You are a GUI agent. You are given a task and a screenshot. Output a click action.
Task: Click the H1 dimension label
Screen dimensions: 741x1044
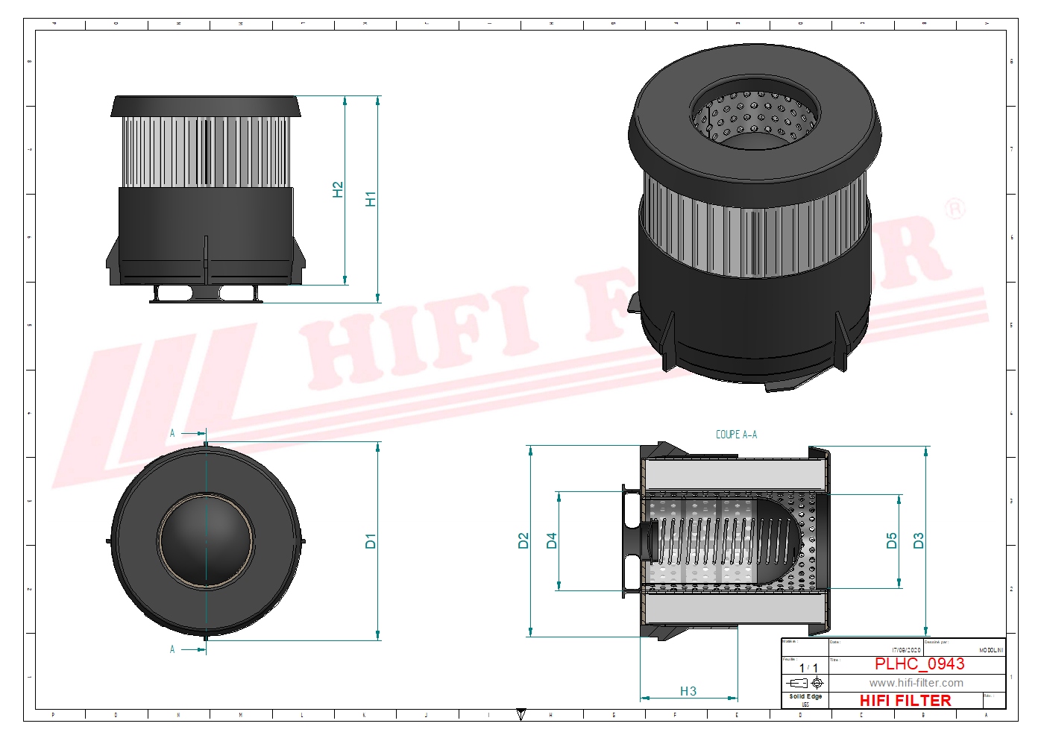371,199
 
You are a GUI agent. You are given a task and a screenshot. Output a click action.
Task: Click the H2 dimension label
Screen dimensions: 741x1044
338,189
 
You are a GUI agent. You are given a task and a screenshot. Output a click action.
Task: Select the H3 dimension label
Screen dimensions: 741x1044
688,691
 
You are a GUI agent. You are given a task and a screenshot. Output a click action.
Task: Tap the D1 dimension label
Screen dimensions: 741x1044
371,540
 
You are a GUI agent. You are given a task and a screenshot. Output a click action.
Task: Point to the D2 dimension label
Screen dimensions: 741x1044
523,540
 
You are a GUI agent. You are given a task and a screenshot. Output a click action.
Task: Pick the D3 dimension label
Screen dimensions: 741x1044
919,540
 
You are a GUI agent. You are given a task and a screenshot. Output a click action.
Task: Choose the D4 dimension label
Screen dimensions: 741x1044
552,540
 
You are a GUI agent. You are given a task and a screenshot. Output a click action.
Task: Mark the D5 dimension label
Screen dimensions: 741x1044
892,540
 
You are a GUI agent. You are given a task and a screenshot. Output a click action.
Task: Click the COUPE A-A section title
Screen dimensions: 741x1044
736,435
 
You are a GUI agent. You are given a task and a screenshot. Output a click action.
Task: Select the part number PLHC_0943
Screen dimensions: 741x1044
919,663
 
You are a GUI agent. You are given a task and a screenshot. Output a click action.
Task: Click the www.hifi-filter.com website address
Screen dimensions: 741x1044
916,683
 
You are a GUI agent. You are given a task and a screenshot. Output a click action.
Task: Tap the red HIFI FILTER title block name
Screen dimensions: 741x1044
905,701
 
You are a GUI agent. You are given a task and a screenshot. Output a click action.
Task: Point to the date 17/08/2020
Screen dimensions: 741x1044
906,650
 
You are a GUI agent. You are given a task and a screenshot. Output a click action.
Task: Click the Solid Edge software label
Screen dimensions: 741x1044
805,696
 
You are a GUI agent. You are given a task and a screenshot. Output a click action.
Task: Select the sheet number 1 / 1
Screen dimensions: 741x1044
808,668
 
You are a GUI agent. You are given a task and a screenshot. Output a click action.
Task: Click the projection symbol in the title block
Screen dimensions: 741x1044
805,683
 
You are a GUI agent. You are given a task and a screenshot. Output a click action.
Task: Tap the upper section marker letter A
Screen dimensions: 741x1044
172,433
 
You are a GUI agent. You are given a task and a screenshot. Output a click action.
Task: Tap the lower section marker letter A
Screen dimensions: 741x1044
172,649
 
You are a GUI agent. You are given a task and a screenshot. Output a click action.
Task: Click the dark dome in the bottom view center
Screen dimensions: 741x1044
206,540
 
